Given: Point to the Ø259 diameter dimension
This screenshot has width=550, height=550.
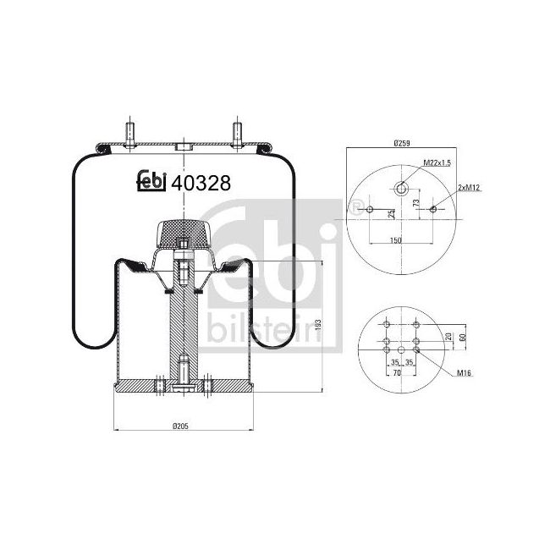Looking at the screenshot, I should click(402, 144).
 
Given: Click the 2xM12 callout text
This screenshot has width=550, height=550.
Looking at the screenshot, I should click(468, 186).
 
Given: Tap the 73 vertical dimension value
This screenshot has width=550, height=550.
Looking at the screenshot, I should click(415, 203).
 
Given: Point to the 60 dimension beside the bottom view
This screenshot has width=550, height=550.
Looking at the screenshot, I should click(462, 336).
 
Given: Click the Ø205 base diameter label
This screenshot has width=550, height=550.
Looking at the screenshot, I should click(180, 425).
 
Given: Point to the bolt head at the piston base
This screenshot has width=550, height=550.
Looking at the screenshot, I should click(183, 388).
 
